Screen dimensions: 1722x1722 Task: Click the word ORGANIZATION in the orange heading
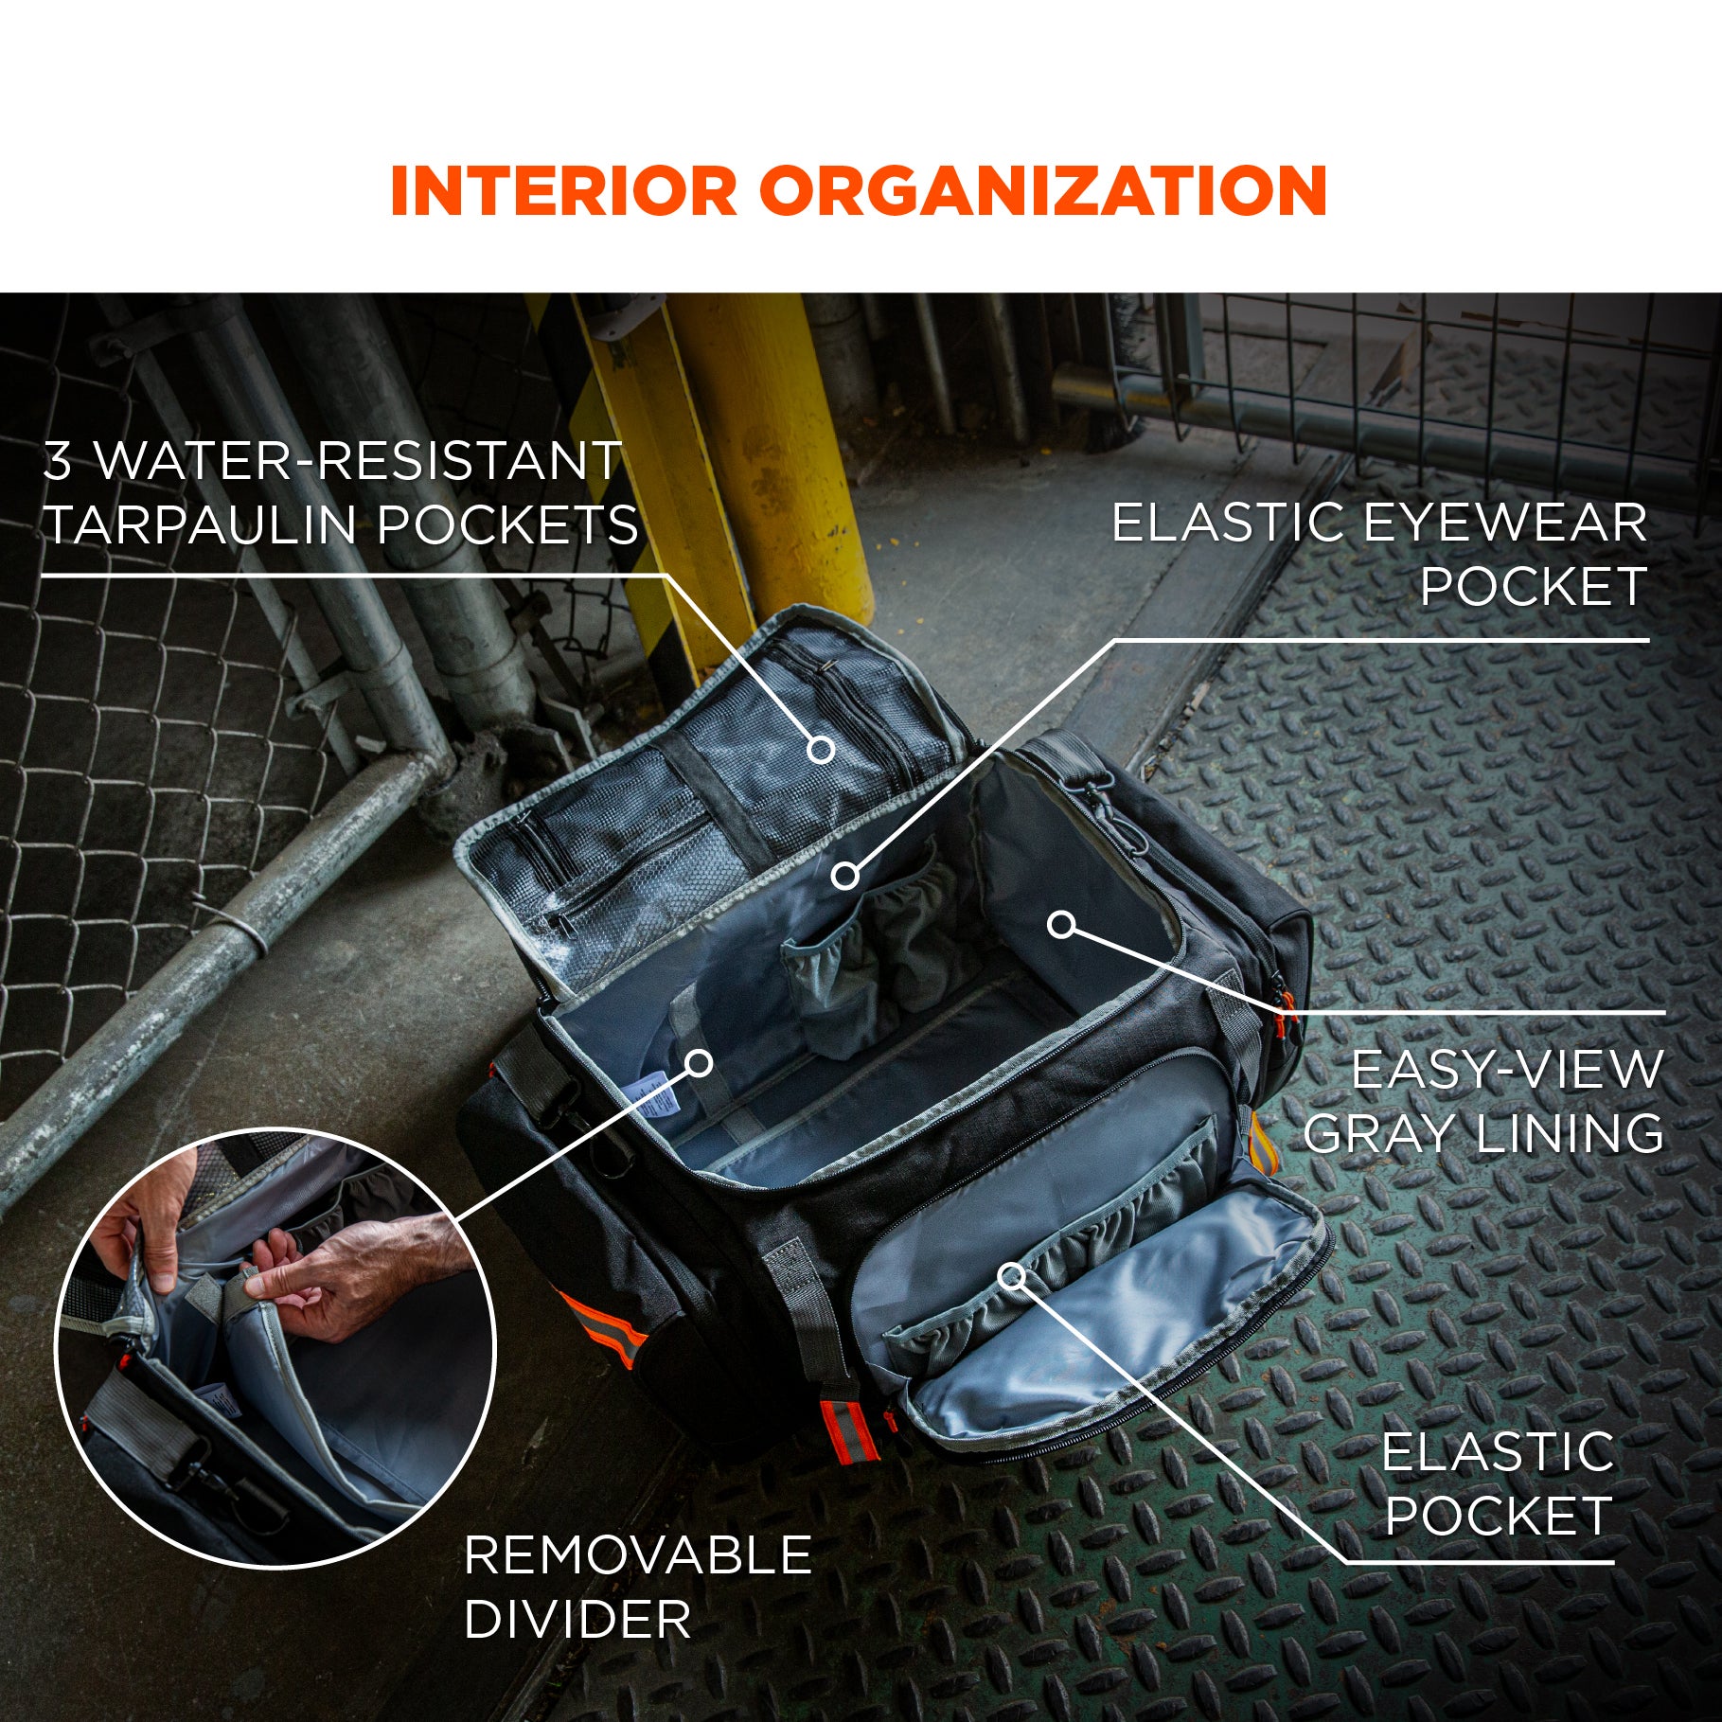pos(1042,191)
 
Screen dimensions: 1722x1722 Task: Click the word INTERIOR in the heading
pos(562,191)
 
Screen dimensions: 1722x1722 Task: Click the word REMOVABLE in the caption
pos(638,1554)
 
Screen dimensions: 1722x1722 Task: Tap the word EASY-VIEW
pos(1506,1070)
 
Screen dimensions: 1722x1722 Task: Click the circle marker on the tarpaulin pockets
pos(821,750)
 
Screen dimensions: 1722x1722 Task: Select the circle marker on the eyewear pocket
pos(845,876)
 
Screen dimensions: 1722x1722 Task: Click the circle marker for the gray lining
pos(1062,924)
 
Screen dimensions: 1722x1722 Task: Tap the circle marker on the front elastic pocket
pos(1012,1276)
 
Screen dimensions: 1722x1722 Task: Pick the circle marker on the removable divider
pos(699,1063)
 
